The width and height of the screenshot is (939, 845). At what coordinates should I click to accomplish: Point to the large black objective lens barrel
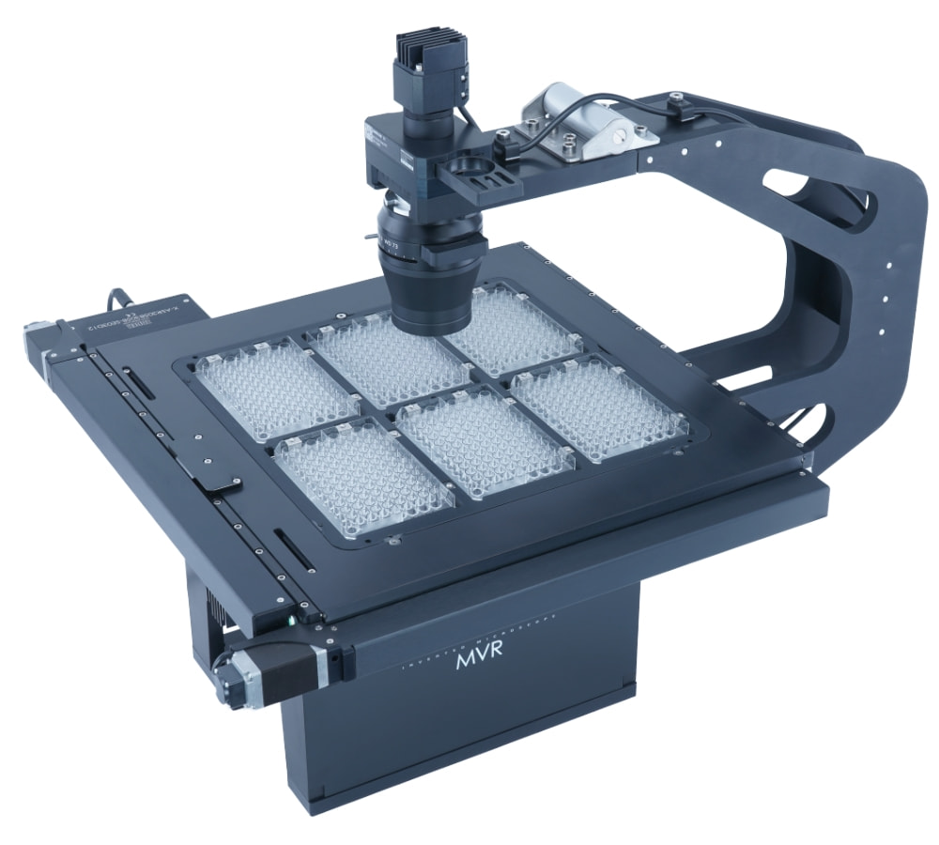pyautogui.click(x=431, y=282)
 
